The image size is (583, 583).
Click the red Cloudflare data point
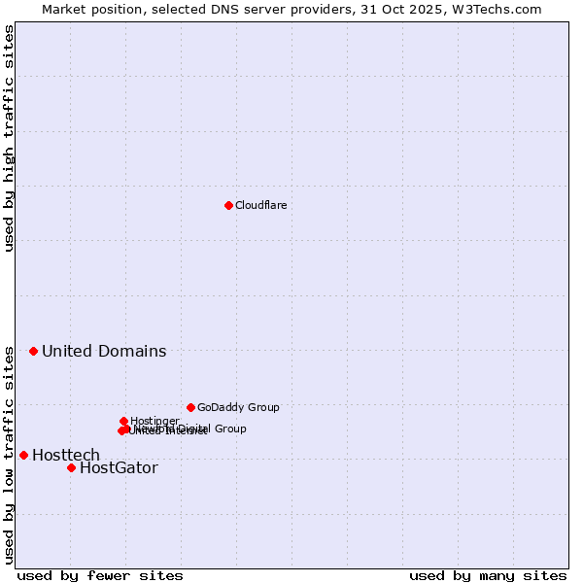click(228, 205)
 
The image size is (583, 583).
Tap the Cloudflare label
click(260, 206)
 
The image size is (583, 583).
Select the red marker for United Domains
click(33, 351)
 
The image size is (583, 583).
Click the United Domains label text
click(104, 352)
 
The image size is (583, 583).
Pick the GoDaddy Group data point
click(190, 407)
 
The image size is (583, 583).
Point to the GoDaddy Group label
click(238, 408)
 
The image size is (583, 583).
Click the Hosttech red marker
click(23, 455)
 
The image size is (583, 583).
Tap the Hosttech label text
click(66, 456)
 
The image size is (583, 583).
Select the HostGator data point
click(71, 467)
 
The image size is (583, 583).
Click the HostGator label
click(119, 468)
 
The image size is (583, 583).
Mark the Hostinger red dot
click(123, 421)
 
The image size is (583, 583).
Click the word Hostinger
click(155, 421)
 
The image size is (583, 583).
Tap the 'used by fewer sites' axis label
click(100, 575)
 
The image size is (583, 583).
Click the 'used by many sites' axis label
click(488, 575)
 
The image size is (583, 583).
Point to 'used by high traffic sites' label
click(9, 138)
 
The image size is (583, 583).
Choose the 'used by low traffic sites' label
click(9, 454)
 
